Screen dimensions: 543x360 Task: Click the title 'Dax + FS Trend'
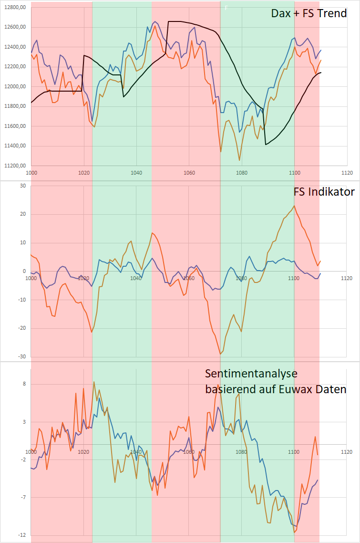pyautogui.click(x=309, y=13)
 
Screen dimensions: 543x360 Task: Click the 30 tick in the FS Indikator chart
pyautogui.click(x=22, y=186)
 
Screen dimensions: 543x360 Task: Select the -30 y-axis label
pyautogui.click(x=21, y=356)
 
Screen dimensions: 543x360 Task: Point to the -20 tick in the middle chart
pyautogui.click(x=21, y=328)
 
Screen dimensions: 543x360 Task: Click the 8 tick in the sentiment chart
pyautogui.click(x=23, y=384)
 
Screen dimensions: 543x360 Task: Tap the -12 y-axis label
pyautogui.click(x=21, y=535)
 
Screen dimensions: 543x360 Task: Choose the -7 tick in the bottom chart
pyautogui.click(x=22, y=497)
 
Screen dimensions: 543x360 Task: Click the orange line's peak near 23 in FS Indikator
pyautogui.click(x=294, y=206)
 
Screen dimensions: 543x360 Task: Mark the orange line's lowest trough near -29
pyautogui.click(x=221, y=354)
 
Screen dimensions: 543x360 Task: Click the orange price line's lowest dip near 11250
pyautogui.click(x=239, y=160)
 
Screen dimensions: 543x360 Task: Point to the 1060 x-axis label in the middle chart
pyautogui.click(x=189, y=279)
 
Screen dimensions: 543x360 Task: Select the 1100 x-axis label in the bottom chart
pyautogui.click(x=294, y=452)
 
